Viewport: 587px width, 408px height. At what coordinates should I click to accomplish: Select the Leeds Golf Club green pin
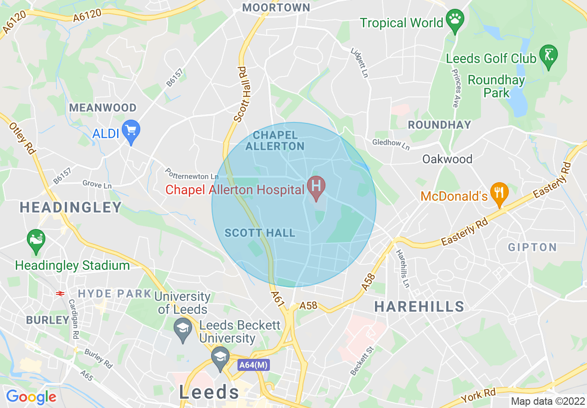(x=550, y=55)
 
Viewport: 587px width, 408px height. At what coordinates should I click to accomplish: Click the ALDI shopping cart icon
(x=131, y=130)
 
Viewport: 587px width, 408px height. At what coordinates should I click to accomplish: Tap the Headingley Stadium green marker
(x=36, y=240)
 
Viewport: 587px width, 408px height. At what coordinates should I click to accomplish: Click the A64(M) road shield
(x=254, y=365)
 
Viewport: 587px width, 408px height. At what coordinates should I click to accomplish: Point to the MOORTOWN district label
(x=276, y=7)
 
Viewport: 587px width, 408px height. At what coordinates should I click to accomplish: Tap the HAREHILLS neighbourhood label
(x=419, y=306)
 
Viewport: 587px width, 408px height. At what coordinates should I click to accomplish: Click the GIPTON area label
(x=532, y=247)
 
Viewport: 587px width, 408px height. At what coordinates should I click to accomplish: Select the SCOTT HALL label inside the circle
(x=260, y=233)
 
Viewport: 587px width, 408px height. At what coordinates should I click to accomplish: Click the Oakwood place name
(x=447, y=159)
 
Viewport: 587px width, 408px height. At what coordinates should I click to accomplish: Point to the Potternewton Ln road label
(x=192, y=174)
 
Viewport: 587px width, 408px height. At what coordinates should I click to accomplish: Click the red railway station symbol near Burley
(x=59, y=293)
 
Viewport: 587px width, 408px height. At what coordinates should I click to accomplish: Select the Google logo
(x=31, y=397)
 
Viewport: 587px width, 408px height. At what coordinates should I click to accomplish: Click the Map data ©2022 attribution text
(x=547, y=401)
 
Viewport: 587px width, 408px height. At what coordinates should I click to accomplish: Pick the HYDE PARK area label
(x=115, y=293)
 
